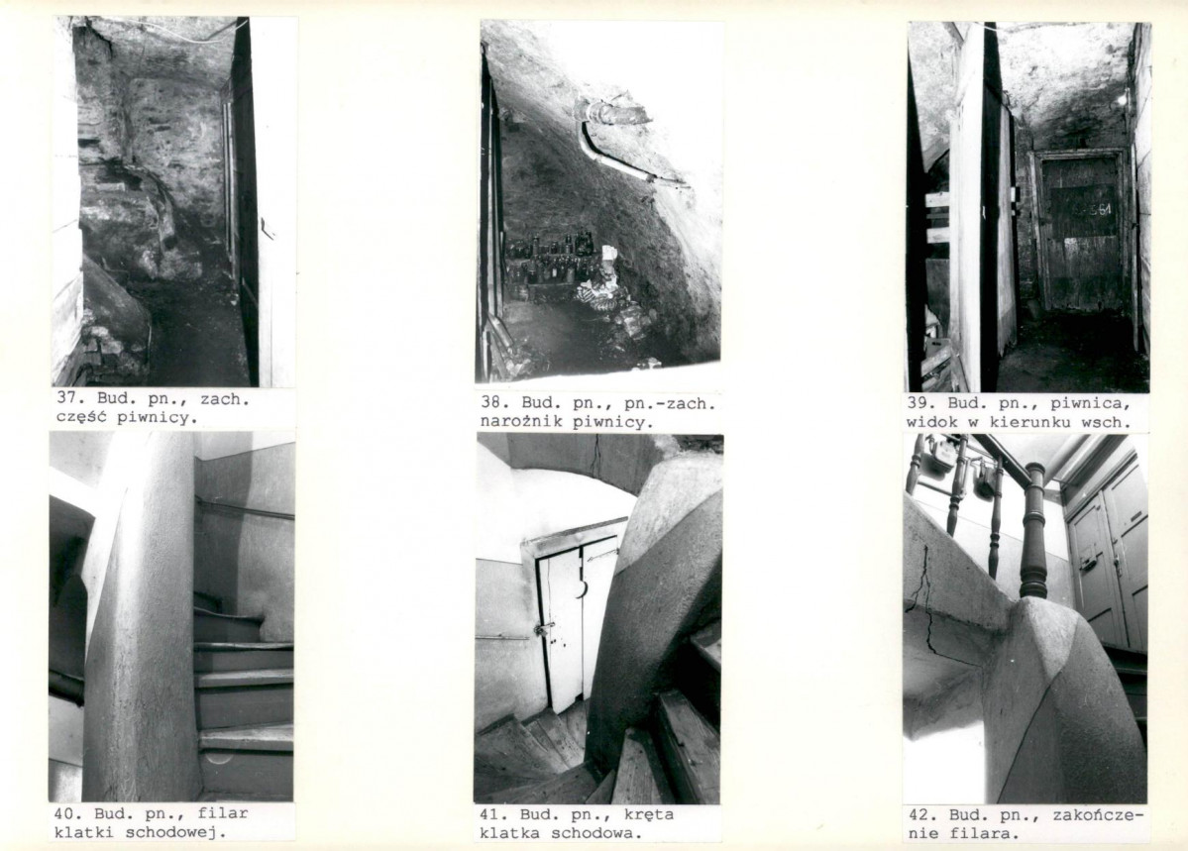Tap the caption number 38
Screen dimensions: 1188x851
pos(490,403)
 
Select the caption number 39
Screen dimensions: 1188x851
pos(918,403)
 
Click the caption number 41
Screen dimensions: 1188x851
pos(489,815)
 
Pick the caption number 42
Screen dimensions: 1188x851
pos(918,815)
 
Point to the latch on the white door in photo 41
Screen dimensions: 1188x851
pos(543,630)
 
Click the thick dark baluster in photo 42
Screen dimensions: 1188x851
pos(1031,534)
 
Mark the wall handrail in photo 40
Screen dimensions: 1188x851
pos(245,507)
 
